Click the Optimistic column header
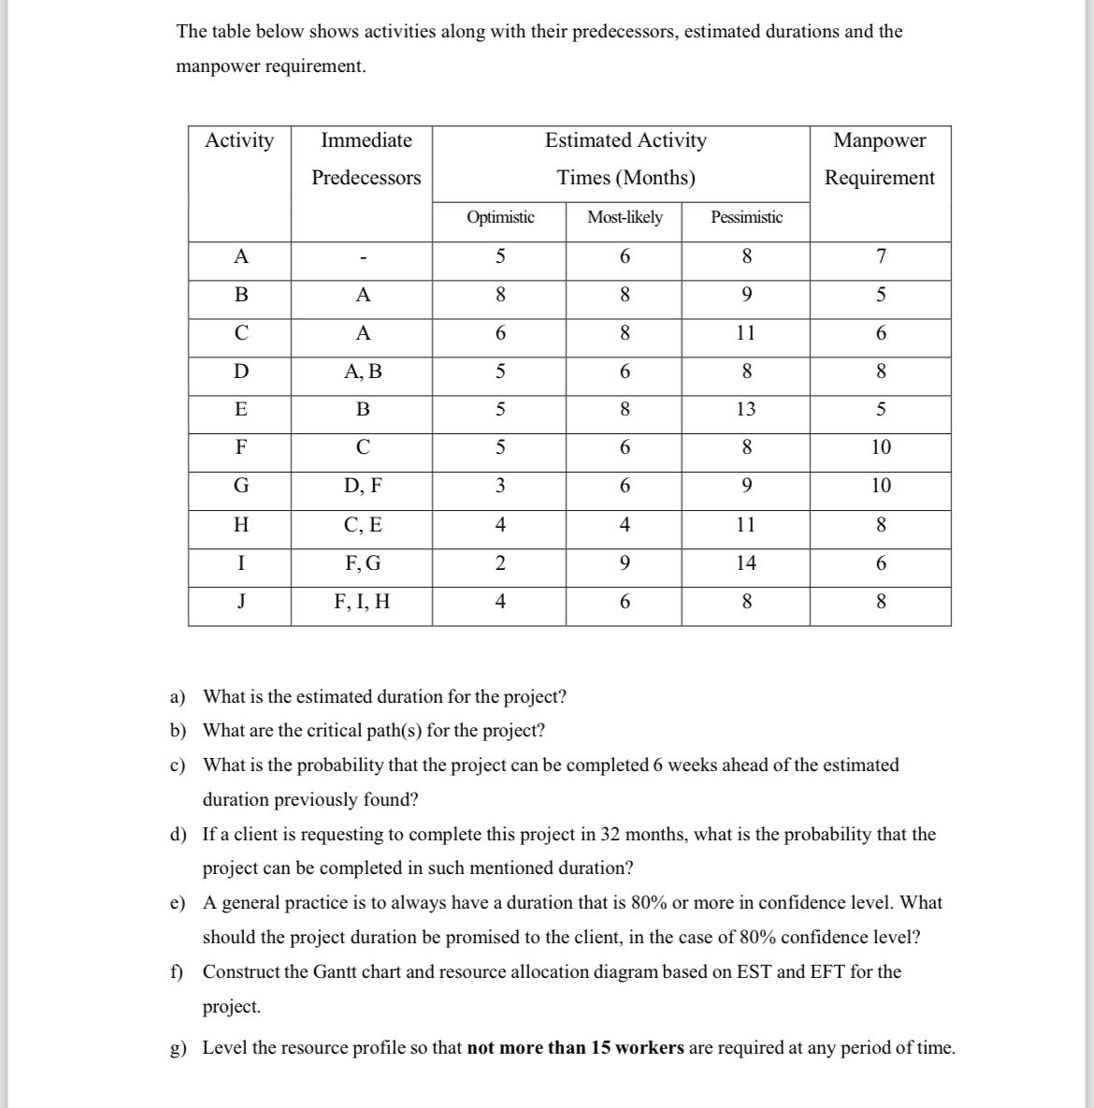coord(500,217)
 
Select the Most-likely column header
coord(625,217)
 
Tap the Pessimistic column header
coord(746,217)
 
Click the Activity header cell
coord(239,140)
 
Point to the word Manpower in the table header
coord(879,140)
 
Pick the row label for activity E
coord(240,409)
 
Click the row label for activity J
coord(240,601)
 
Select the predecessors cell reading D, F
coord(363,486)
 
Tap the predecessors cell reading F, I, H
coord(363,601)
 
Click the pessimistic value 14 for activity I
coord(746,562)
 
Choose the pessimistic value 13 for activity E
coord(746,409)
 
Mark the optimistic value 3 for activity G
coord(500,486)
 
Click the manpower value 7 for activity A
coord(881,256)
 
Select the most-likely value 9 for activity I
coord(625,562)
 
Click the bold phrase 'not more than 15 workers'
coord(575,1047)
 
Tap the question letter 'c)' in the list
coord(177,765)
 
